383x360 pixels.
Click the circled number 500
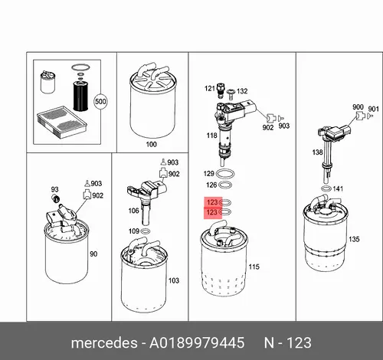[x=100, y=102]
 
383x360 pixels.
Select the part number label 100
[x=151, y=144]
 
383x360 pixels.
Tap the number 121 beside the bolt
[x=210, y=89]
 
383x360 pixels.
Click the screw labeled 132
[x=231, y=94]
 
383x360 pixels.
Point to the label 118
[x=211, y=136]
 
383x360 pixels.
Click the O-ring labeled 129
[x=225, y=174]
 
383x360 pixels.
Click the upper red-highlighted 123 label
[x=212, y=202]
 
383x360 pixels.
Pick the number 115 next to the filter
[x=254, y=267]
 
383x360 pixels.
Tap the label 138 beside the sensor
[x=317, y=152]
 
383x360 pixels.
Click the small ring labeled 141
[x=326, y=189]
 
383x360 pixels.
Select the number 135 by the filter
[x=354, y=239]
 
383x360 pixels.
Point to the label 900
[x=358, y=107]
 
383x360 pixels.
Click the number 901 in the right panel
[x=373, y=109]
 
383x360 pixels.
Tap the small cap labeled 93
[x=56, y=198]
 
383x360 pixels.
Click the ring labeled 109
[x=146, y=231]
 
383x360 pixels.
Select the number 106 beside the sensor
[x=133, y=211]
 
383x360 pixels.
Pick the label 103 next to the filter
[x=174, y=280]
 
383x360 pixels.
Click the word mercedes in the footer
[x=104, y=342]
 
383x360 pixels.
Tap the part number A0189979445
[x=197, y=342]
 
